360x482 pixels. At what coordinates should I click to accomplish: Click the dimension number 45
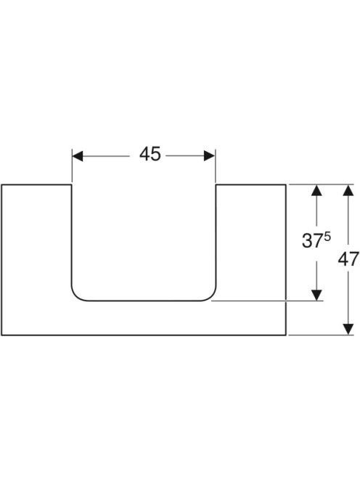pyautogui.click(x=150, y=154)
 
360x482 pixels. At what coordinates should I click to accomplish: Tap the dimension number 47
pyautogui.click(x=348, y=259)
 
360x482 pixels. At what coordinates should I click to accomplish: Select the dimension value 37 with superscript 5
pyautogui.click(x=316, y=240)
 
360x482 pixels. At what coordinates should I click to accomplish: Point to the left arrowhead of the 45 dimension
pyautogui.click(x=78, y=156)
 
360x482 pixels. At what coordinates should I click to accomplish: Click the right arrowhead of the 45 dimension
pyautogui.click(x=210, y=156)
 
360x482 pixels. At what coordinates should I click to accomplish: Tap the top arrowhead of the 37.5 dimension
pyautogui.click(x=316, y=190)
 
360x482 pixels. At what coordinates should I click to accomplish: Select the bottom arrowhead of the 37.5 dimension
pyautogui.click(x=316, y=295)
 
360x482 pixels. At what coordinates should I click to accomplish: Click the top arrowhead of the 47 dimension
pyautogui.click(x=348, y=190)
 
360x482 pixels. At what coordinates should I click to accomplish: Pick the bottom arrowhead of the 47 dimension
pyautogui.click(x=348, y=330)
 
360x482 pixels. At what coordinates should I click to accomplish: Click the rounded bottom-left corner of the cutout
pyautogui.click(x=76, y=295)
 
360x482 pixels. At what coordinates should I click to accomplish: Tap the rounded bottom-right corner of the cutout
pyautogui.click(x=211, y=295)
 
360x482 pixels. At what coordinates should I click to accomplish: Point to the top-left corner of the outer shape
pyautogui.click(x=1, y=185)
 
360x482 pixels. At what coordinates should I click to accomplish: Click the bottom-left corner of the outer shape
pyautogui.click(x=1, y=335)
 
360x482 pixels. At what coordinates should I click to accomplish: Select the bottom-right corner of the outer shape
pyautogui.click(x=286, y=335)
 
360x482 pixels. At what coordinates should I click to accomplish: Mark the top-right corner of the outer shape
pyautogui.click(x=286, y=185)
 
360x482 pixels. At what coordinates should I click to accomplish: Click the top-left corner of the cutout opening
pyautogui.click(x=72, y=185)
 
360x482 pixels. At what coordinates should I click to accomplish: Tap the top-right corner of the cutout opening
pyautogui.click(x=216, y=185)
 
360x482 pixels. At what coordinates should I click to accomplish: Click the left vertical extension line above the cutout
pyautogui.click(x=72, y=166)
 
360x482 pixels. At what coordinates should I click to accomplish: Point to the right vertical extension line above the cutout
pyautogui.click(x=216, y=166)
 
